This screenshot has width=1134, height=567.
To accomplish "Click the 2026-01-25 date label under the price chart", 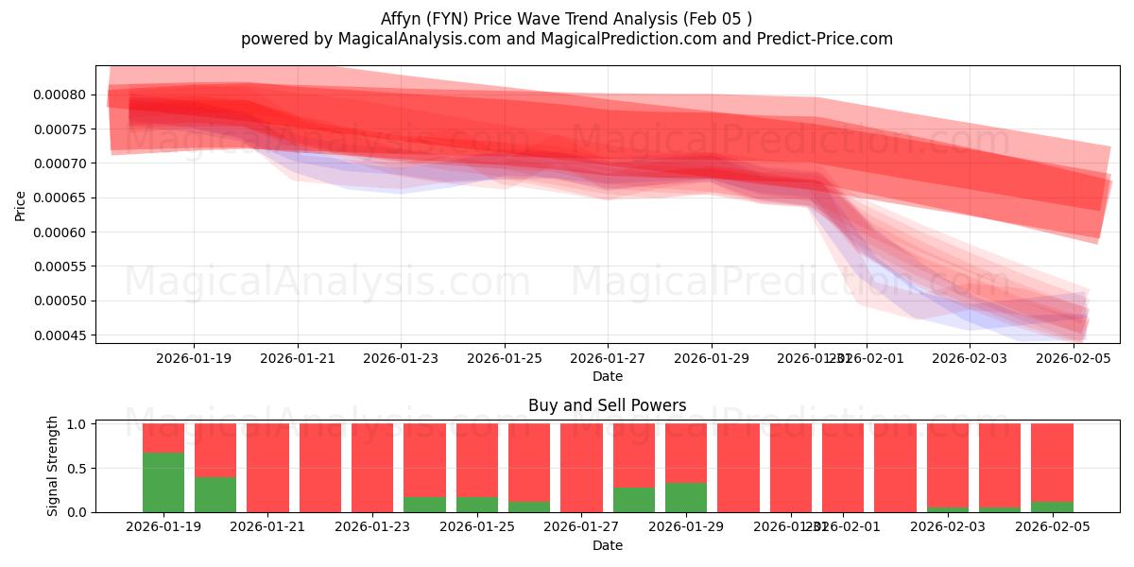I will pyautogui.click(x=505, y=358).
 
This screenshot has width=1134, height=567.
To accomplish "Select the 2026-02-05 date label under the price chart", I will pyautogui.click(x=1074, y=358).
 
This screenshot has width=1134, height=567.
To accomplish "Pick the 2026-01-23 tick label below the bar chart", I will pyautogui.click(x=372, y=527).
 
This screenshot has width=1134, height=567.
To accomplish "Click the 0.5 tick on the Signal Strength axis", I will pyautogui.click(x=77, y=468).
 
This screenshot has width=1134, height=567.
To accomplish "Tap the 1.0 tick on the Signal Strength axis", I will pyautogui.click(x=77, y=424).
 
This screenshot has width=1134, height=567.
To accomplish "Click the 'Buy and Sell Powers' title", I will pyautogui.click(x=607, y=405).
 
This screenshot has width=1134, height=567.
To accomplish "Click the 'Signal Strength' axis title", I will pyautogui.click(x=53, y=466).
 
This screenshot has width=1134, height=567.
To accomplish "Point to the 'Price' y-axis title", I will pyautogui.click(x=21, y=204).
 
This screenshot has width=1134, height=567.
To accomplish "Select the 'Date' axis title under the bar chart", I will pyautogui.click(x=607, y=545).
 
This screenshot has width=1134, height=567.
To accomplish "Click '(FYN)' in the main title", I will pyautogui.click(x=451, y=18).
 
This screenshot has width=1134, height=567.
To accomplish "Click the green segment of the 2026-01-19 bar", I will pyautogui.click(x=163, y=482).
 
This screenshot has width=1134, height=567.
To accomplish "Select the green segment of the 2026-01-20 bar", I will pyautogui.click(x=215, y=494).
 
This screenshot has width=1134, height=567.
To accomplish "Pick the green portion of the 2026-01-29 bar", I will pyautogui.click(x=686, y=497).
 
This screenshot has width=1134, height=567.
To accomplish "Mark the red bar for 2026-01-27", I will pyautogui.click(x=581, y=468).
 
